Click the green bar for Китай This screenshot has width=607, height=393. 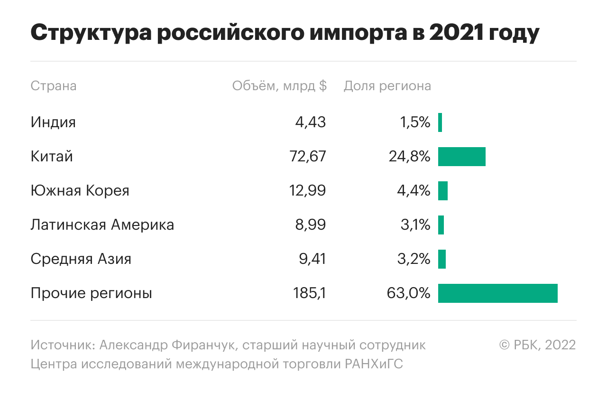coord(461,157)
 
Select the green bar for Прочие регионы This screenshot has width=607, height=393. coord(497,293)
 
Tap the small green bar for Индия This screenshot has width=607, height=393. coord(440,122)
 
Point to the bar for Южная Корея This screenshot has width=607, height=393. coord(443,191)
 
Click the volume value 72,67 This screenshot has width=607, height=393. coord(308,157)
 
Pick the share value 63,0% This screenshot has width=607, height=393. coord(408,293)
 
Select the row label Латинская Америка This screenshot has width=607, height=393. coord(102,225)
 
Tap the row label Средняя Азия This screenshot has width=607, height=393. coord(81,259)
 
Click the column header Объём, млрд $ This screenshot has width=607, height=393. coord(279,86)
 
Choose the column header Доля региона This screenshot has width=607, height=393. coord(387,86)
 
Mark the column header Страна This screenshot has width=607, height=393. coord(54,86)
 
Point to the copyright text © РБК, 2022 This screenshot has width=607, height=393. coord(537,345)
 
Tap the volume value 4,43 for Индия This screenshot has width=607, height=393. coord(311,122)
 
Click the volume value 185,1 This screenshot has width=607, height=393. coord(309,293)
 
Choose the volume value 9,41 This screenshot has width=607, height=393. coord(311,259)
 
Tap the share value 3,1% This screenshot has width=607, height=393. coord(415,225)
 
